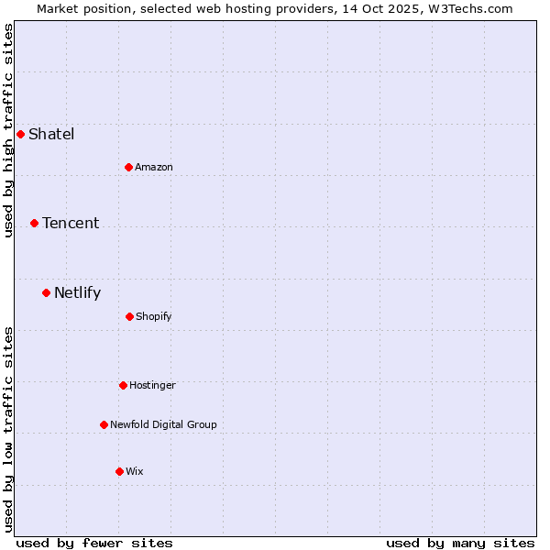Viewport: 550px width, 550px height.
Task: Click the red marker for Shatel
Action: click(20, 134)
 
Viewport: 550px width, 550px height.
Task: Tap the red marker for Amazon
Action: click(128, 167)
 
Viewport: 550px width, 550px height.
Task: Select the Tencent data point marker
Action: click(34, 223)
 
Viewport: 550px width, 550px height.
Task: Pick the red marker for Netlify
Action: click(46, 292)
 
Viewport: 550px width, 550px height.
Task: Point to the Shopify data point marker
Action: click(129, 316)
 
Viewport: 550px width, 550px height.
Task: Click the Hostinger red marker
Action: click(123, 385)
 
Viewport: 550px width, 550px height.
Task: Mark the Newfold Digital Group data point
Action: click(104, 424)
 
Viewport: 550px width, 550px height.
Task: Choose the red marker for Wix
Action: click(119, 471)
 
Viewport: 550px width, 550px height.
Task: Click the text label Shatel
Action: click(51, 135)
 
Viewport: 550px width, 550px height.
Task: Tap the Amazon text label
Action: click(154, 167)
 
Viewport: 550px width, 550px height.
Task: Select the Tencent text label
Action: click(71, 224)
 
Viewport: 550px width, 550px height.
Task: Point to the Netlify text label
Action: click(78, 293)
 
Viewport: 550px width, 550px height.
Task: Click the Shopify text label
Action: click(154, 316)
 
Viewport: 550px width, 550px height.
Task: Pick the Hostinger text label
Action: click(152, 385)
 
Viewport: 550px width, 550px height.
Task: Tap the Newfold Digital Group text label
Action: click(163, 424)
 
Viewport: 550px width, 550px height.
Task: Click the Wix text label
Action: click(135, 471)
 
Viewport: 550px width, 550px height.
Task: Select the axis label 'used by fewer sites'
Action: click(94, 543)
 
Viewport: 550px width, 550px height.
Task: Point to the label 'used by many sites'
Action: click(460, 543)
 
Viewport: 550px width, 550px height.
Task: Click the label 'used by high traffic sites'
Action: click(9, 130)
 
